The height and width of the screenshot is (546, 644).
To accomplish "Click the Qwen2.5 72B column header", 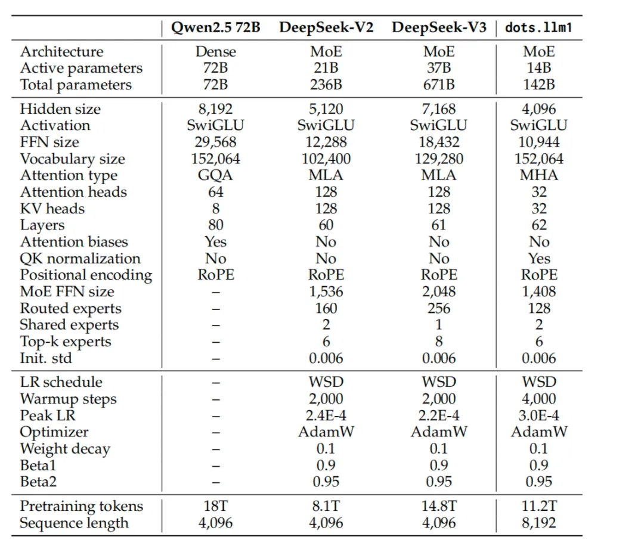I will (x=215, y=28).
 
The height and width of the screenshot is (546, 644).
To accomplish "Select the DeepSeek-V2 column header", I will (x=326, y=28).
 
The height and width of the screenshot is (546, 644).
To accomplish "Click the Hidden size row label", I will (x=60, y=109).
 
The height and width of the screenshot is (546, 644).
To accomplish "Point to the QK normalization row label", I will (x=80, y=259).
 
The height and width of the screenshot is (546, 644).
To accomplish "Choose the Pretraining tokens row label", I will (x=81, y=507).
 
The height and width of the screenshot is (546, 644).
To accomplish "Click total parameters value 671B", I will (x=439, y=85).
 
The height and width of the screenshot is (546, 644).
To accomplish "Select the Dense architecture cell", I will (x=215, y=52).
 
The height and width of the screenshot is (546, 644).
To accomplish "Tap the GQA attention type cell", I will (x=215, y=175).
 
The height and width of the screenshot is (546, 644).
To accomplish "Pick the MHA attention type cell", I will (x=538, y=175).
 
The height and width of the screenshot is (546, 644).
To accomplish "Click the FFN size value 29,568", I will (x=215, y=142).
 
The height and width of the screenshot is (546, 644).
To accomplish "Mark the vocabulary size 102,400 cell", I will (x=326, y=159).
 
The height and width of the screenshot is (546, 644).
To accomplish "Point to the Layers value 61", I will (x=439, y=225).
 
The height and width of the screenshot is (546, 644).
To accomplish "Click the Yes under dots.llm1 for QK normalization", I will (x=538, y=259).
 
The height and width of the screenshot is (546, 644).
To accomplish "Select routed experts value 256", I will (x=439, y=309).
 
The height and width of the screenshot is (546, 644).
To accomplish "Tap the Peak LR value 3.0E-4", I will (x=538, y=416).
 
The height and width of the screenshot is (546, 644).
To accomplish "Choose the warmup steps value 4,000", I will (x=538, y=399).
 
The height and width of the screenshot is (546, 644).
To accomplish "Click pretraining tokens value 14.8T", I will (x=439, y=507).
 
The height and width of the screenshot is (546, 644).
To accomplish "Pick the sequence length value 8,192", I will (x=538, y=523).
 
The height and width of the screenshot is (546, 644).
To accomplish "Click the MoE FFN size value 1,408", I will (x=538, y=292).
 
